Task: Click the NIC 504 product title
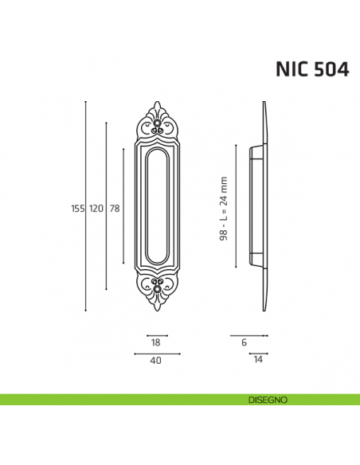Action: [x=311, y=69]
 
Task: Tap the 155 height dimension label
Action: [x=77, y=209]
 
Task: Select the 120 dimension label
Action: [x=96, y=209]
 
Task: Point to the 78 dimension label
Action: [x=115, y=209]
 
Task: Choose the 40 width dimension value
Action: [x=156, y=360]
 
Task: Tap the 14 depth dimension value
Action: [x=257, y=360]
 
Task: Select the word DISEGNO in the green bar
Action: [x=260, y=399]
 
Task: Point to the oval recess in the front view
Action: [x=157, y=206]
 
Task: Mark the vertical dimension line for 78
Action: [x=123, y=239]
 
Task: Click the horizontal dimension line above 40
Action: [x=157, y=353]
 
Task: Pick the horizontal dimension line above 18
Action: [x=157, y=335]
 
